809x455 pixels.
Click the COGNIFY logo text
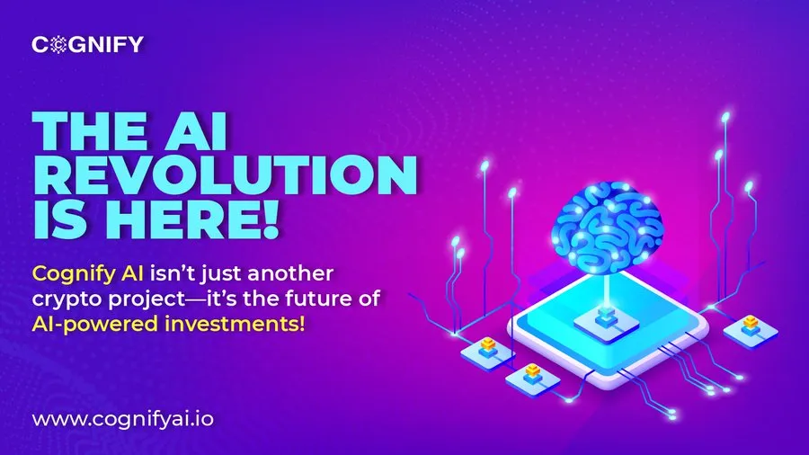87,44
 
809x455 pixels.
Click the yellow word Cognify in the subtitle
66,272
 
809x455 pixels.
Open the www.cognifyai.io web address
124,418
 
